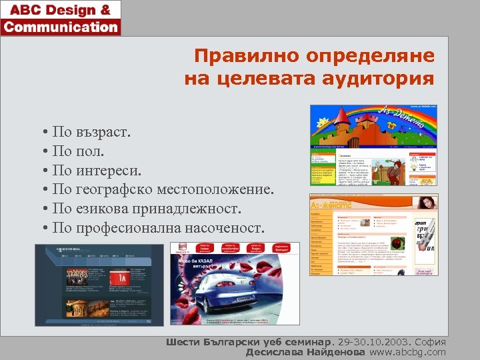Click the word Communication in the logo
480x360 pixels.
61,27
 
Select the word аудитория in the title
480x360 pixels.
378,79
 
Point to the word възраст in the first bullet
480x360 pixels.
103,132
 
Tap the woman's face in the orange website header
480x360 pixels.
426,203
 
